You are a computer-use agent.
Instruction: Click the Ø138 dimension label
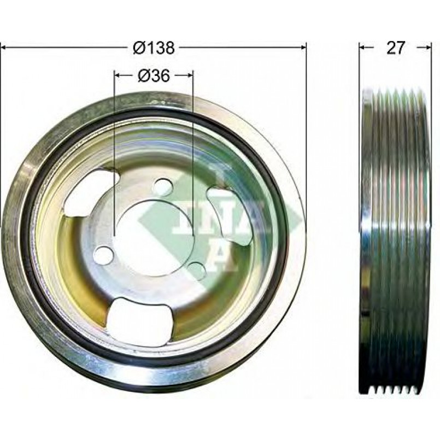[154, 48]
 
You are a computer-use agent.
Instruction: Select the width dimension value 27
[396, 48]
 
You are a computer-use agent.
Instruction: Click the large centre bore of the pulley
[155, 238]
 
